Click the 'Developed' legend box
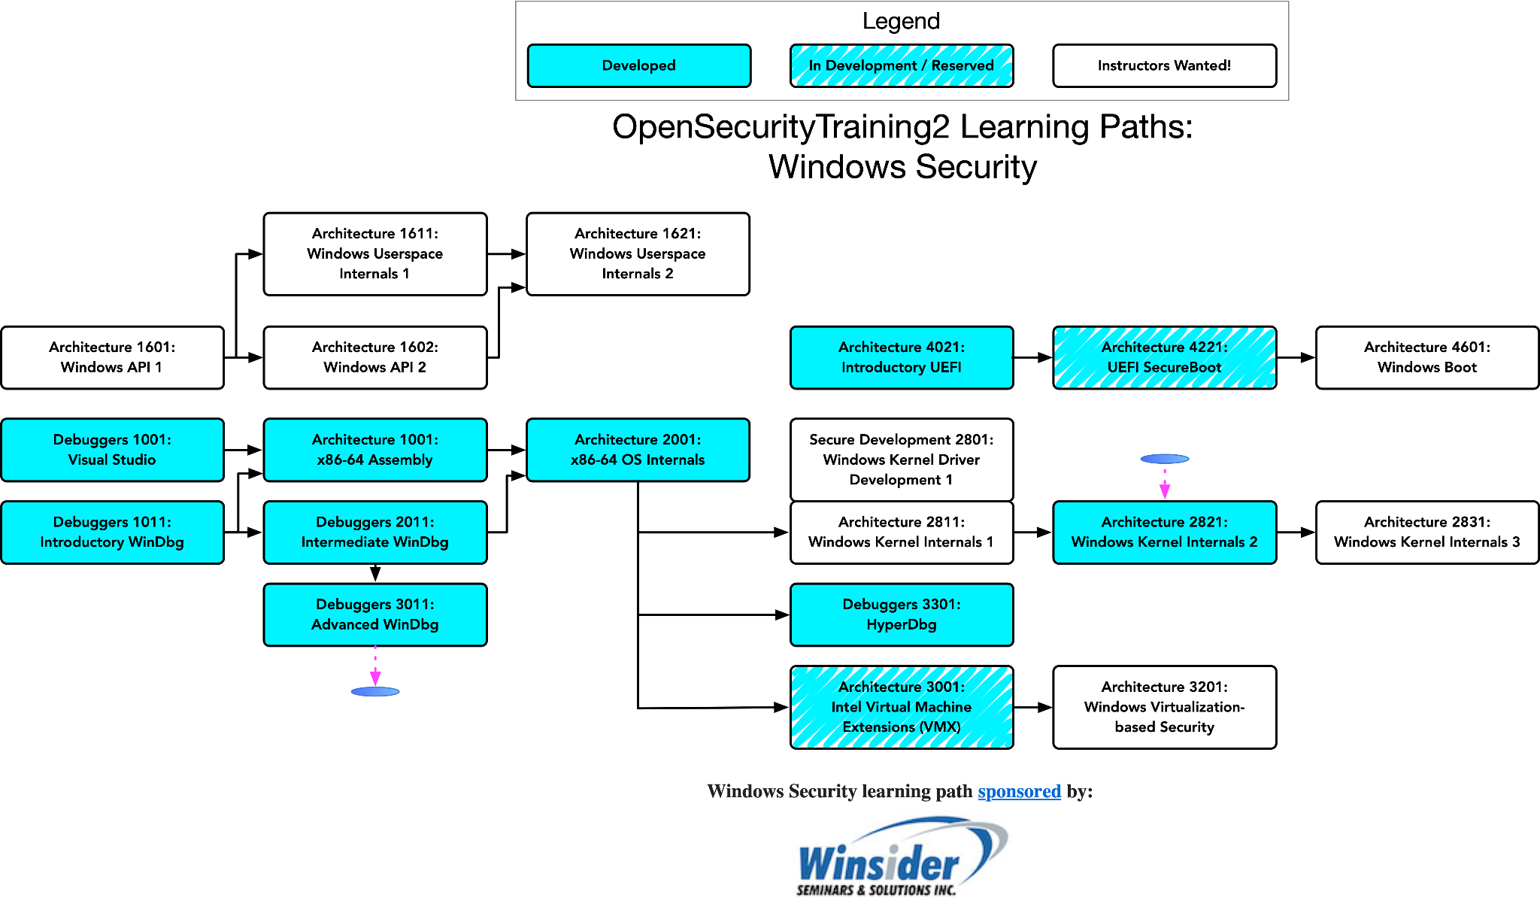[639, 65]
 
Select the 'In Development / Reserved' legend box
[902, 65]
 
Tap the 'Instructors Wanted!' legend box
[1164, 65]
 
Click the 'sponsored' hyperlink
[1019, 791]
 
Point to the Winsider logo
[902, 857]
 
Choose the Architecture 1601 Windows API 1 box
[112, 357]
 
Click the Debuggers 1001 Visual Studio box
[112, 450]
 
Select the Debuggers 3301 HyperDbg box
[902, 614]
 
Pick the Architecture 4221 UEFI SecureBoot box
[1164, 357]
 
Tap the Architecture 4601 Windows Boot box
[1427, 357]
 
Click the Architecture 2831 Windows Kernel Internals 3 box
[1427, 532]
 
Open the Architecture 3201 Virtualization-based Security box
[1164, 707]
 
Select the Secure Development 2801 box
[902, 460]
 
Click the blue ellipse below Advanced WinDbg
[375, 692]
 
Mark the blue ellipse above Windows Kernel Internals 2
[1165, 459]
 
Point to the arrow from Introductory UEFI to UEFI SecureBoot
[1033, 358]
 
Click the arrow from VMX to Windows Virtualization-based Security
[1033, 708]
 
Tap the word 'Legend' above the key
[901, 21]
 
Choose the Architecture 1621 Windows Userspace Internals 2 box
[638, 254]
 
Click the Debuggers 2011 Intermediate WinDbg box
[375, 532]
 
